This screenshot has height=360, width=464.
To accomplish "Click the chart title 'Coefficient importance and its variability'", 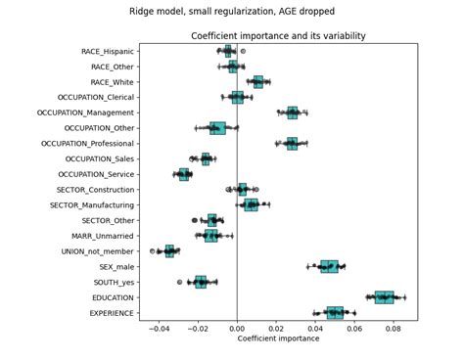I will click(278, 36).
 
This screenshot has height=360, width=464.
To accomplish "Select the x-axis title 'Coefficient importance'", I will click(278, 338).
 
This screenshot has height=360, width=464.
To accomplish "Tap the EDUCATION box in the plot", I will click(384, 297).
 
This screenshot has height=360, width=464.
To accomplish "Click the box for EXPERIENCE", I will click(335, 313).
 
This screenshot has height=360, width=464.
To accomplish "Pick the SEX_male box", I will click(329, 266).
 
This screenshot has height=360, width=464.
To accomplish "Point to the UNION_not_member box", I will click(169, 251).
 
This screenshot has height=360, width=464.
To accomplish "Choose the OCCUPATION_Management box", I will click(293, 112).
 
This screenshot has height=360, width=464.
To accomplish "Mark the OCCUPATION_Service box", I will click(184, 174).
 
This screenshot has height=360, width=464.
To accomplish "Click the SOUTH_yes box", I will click(201, 282).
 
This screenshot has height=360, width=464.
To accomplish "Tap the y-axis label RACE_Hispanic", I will click(108, 51).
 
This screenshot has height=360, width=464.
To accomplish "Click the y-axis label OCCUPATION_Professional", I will click(88, 144).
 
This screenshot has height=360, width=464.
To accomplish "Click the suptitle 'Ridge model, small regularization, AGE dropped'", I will click(232, 12).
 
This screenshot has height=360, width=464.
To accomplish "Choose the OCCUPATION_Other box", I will click(217, 128).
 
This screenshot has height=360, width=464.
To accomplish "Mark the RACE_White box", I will click(257, 82).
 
